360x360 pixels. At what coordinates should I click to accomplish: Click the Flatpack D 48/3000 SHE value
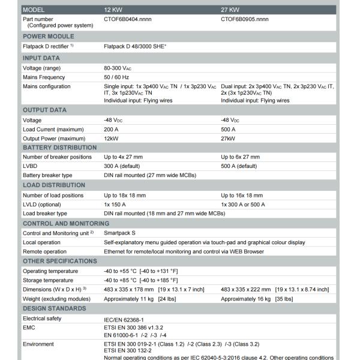pos(135,46)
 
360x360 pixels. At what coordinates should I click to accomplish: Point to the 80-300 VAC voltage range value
pos(118,68)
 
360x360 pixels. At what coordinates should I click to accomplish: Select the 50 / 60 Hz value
pos(116,77)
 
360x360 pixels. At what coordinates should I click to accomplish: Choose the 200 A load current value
pos(112,129)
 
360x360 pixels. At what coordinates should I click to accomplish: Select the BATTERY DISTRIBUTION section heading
pos(59,147)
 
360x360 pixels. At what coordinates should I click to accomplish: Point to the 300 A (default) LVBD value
pos(124,166)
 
